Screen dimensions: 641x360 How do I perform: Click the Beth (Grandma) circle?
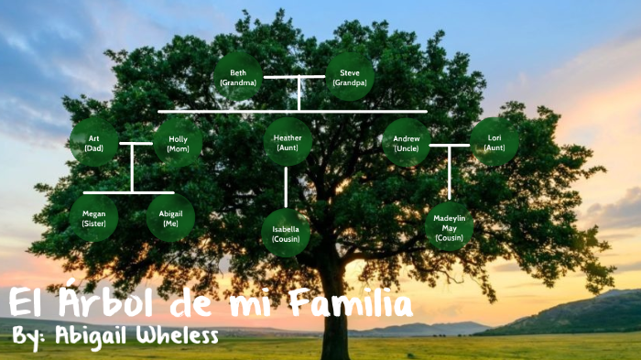tap(238, 76)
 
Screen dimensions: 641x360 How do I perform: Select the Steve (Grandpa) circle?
tap(350, 76)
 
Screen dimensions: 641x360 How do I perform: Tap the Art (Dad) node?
tap(93, 142)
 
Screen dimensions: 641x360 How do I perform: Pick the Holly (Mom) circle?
tap(178, 142)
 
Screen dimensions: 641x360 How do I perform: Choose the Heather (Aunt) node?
tap(288, 142)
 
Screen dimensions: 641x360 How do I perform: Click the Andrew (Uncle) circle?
tap(406, 142)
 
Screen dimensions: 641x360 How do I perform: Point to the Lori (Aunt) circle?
tap(494, 142)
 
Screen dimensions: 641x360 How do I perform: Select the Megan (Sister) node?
tap(93, 218)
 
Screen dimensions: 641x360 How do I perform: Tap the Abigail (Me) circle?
tap(171, 218)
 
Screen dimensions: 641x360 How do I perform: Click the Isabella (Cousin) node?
tap(286, 233)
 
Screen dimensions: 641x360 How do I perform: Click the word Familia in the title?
tap(347, 302)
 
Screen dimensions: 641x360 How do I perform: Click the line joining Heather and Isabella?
tap(287, 187)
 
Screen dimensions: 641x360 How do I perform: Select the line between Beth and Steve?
tap(294, 76)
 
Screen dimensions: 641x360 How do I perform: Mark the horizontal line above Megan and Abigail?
tap(129, 192)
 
